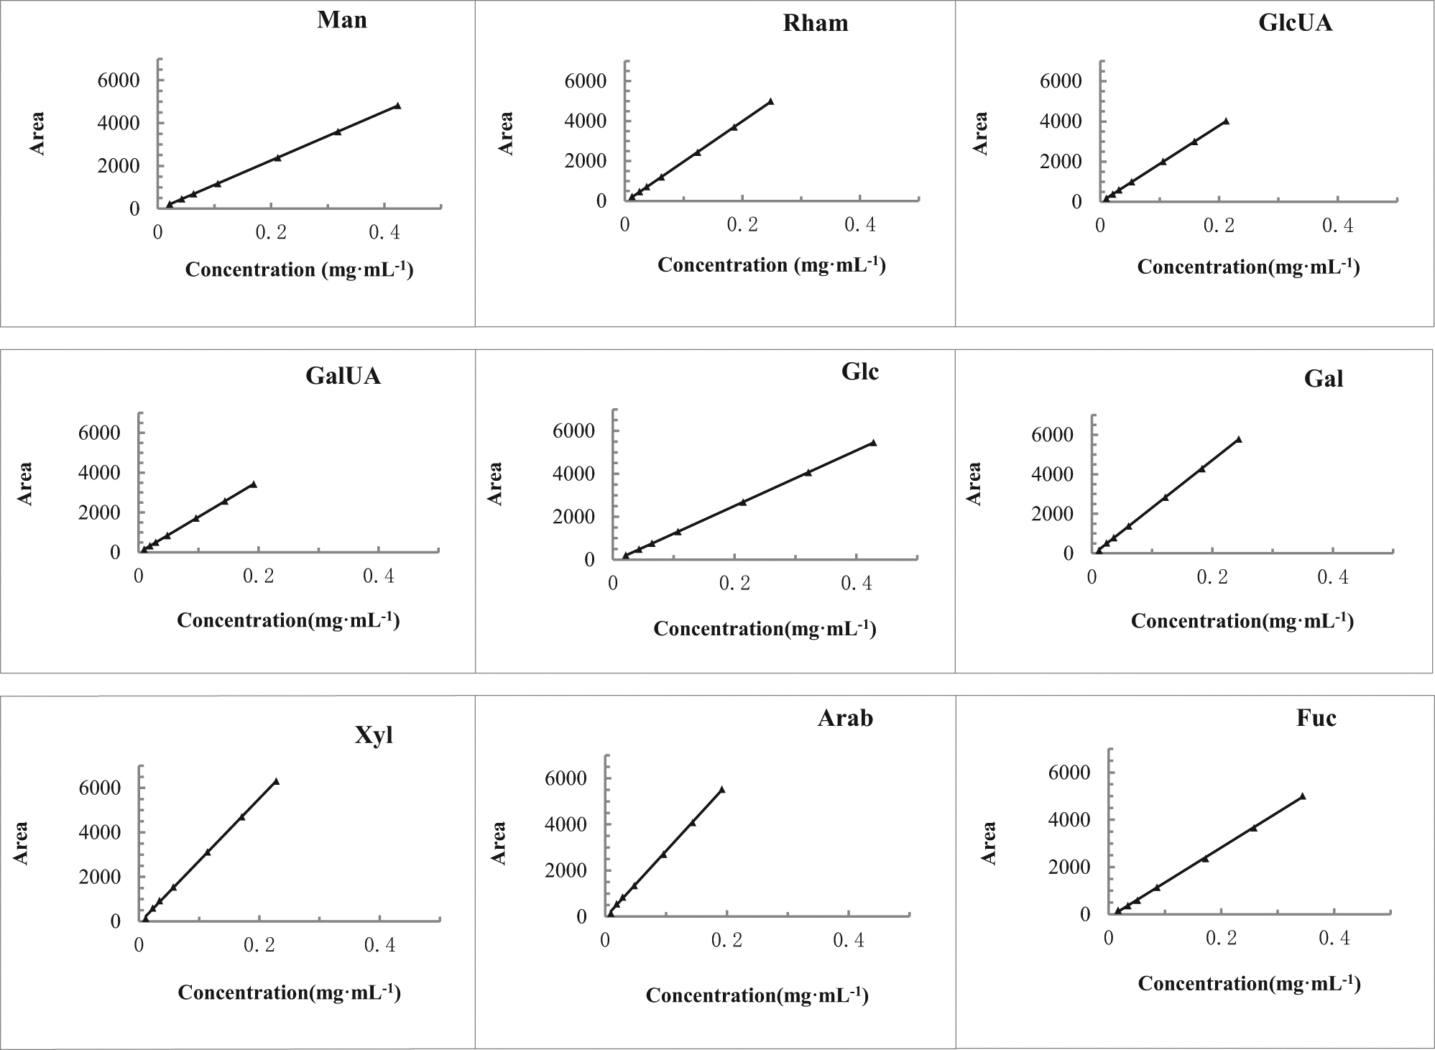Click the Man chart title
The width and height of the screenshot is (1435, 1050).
[342, 19]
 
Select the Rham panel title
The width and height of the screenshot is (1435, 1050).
[816, 23]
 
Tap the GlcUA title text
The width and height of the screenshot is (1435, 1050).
[1296, 23]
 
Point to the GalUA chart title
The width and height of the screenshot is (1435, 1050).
[343, 376]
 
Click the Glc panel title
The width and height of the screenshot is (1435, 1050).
[860, 372]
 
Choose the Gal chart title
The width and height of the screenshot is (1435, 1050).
[1324, 379]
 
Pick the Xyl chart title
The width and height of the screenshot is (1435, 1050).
[374, 735]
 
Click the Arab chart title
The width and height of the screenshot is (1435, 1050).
[845, 719]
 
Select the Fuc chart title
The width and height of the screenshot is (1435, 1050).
[1316, 719]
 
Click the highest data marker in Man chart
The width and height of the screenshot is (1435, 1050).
[397, 106]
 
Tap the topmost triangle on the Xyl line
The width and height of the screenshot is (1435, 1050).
[276, 781]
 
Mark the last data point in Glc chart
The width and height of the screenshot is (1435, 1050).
[873, 443]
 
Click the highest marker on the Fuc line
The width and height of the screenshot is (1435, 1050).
[1302, 796]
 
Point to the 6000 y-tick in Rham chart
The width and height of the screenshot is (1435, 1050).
[586, 80]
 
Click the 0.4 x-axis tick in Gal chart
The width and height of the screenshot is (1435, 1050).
[1333, 577]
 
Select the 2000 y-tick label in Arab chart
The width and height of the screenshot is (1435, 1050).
[567, 871]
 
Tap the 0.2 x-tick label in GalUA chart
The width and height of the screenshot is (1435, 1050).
[258, 577]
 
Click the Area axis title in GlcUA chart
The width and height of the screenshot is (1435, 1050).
[980, 134]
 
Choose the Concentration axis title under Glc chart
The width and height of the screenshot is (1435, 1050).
[765, 629]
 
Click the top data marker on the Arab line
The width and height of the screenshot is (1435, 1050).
[721, 790]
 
